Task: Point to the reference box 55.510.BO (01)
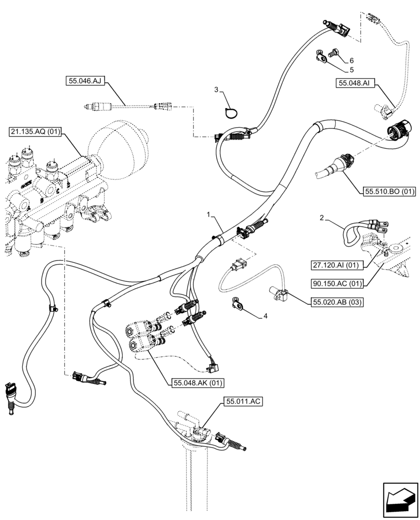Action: click(388, 191)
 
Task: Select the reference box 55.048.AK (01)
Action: click(195, 383)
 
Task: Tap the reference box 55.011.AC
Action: click(243, 400)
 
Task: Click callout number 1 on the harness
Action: click(209, 214)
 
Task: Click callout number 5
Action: click(351, 69)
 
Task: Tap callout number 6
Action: click(351, 60)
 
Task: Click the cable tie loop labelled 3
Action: click(231, 112)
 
